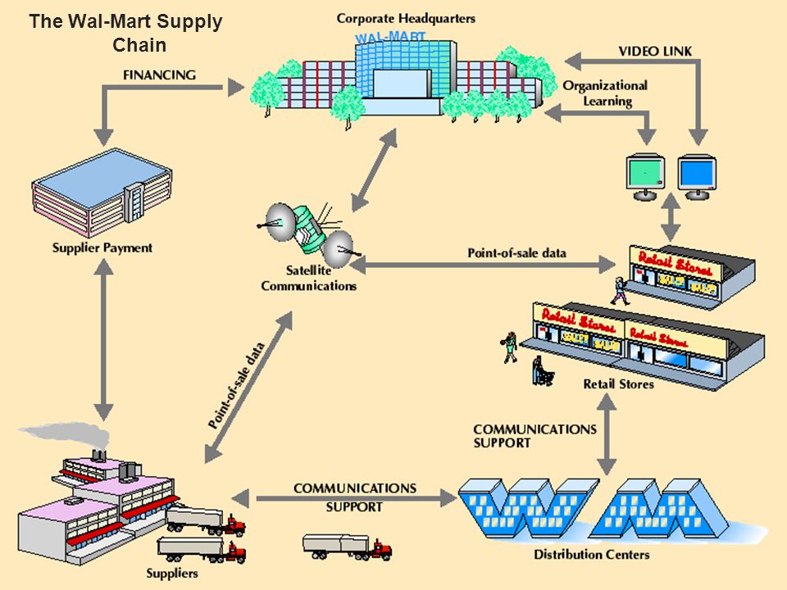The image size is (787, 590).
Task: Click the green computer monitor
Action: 645,177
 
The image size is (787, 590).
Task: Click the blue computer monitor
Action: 697,177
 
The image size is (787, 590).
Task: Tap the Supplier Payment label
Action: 102,247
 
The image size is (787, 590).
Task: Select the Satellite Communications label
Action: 309,279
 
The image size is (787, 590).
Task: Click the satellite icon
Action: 307,231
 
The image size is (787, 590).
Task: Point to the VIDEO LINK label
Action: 655,51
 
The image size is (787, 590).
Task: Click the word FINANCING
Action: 160,75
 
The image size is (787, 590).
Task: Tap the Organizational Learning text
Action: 605,93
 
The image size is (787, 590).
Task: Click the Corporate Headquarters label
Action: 406,19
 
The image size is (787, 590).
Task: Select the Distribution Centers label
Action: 591,555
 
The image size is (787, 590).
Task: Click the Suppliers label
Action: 172,574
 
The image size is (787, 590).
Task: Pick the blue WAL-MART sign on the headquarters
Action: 390,37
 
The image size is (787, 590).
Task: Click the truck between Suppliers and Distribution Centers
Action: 348,547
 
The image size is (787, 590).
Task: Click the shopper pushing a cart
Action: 542,371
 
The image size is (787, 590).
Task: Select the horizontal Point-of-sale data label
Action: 517,253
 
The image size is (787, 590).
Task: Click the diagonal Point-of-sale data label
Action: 236,385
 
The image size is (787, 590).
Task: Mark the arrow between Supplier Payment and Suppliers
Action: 103,340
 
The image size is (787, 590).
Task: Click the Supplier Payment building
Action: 102,193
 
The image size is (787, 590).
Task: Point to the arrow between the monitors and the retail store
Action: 671,216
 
